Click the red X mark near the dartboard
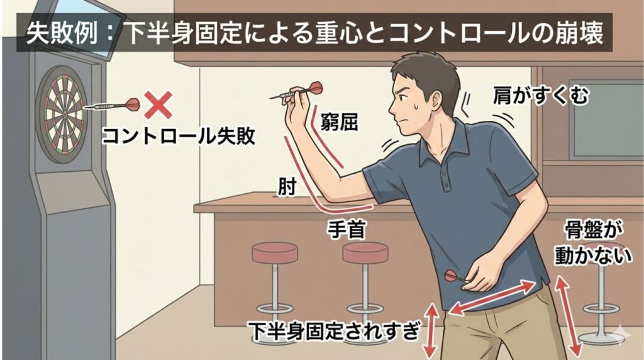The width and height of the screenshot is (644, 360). (x=158, y=105)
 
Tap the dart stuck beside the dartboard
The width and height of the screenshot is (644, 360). (x=112, y=105)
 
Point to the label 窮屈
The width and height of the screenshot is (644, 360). (x=339, y=121)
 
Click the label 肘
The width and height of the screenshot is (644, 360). (x=287, y=187)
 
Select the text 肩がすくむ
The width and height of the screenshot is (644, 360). (x=540, y=95)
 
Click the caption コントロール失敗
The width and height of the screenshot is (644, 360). (x=179, y=135)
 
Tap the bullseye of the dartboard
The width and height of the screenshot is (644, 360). (x=64, y=113)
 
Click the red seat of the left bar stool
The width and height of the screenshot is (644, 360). (x=274, y=252)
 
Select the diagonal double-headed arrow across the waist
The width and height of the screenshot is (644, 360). (x=492, y=297)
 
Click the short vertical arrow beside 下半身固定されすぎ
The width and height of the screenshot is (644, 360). (x=430, y=330)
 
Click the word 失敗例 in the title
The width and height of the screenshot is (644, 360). (x=62, y=33)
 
